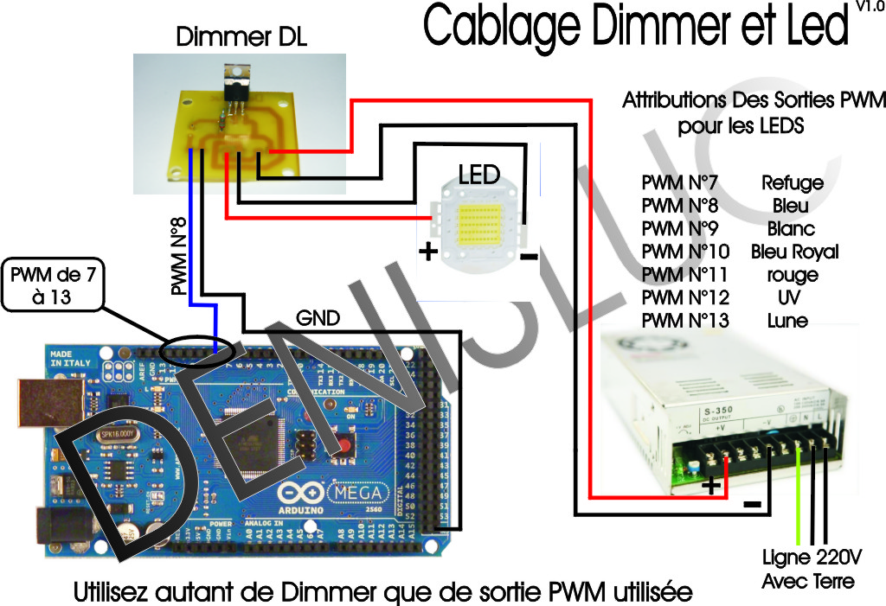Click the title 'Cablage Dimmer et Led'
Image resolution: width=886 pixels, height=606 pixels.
point(635,26)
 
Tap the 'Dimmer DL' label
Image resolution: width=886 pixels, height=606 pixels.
point(241,37)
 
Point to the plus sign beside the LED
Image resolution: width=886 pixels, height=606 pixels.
point(427,252)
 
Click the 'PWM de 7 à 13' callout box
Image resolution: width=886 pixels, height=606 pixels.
point(53,286)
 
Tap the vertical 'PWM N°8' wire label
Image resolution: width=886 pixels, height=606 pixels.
point(178,257)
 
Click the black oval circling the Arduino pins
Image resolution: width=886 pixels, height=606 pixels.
point(196,353)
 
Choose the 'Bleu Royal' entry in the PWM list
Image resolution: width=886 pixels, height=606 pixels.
point(795,252)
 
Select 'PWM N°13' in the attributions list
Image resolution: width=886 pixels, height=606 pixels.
point(685,321)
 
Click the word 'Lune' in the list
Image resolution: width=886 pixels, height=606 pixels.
point(787,321)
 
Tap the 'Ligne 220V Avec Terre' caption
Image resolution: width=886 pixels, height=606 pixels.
point(808,568)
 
